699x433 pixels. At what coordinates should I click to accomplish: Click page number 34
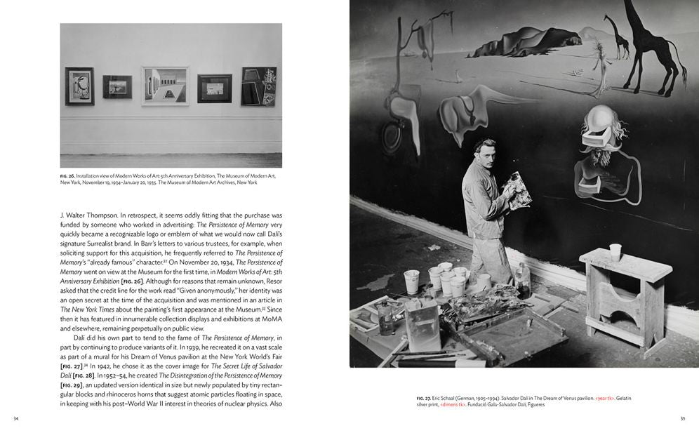pyautogui.click(x=16, y=419)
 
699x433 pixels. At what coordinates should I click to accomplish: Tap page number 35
pyautogui.click(x=681, y=419)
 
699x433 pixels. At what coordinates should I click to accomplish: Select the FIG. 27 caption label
pyautogui.click(x=425, y=399)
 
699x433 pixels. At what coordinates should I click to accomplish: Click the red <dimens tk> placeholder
pyautogui.click(x=454, y=405)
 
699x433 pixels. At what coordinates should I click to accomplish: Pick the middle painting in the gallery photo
pyautogui.click(x=165, y=86)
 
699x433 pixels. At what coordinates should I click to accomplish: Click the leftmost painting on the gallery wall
pyautogui.click(x=79, y=86)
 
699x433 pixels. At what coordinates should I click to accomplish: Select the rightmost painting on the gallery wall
pyautogui.click(x=258, y=86)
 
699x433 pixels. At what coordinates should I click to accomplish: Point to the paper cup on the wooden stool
pyautogui.click(x=615, y=252)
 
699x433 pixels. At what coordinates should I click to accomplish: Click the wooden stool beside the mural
pyautogui.click(x=625, y=295)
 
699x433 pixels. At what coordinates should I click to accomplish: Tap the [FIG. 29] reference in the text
pyautogui.click(x=74, y=385)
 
